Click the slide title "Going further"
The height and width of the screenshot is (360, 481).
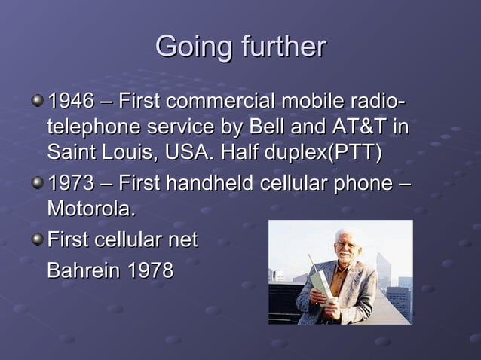point(240,47)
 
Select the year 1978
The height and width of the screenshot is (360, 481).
point(148,270)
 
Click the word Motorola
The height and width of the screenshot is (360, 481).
point(91,208)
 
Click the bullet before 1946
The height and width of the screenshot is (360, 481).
point(38,100)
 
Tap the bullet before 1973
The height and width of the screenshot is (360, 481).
point(38,184)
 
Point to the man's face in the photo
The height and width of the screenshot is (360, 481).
point(345,246)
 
